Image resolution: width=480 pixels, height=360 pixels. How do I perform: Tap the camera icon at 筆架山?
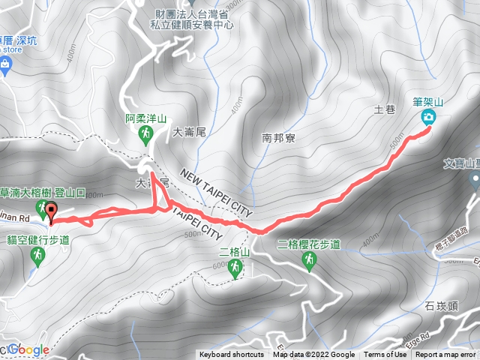(x=429, y=117)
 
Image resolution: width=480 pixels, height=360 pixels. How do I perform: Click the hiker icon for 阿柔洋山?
(x=146, y=134)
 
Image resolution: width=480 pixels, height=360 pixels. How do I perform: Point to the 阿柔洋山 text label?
(x=145, y=118)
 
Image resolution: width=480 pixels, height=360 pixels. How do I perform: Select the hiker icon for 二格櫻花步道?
(x=308, y=260)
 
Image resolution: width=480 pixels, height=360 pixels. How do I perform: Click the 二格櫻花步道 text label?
(x=309, y=244)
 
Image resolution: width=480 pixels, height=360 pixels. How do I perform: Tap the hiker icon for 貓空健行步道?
(x=37, y=256)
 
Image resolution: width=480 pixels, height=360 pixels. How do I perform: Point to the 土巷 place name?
(x=384, y=110)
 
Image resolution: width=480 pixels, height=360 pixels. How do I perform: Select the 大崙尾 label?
(x=189, y=132)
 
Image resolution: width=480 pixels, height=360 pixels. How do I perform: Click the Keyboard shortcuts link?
(x=232, y=355)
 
